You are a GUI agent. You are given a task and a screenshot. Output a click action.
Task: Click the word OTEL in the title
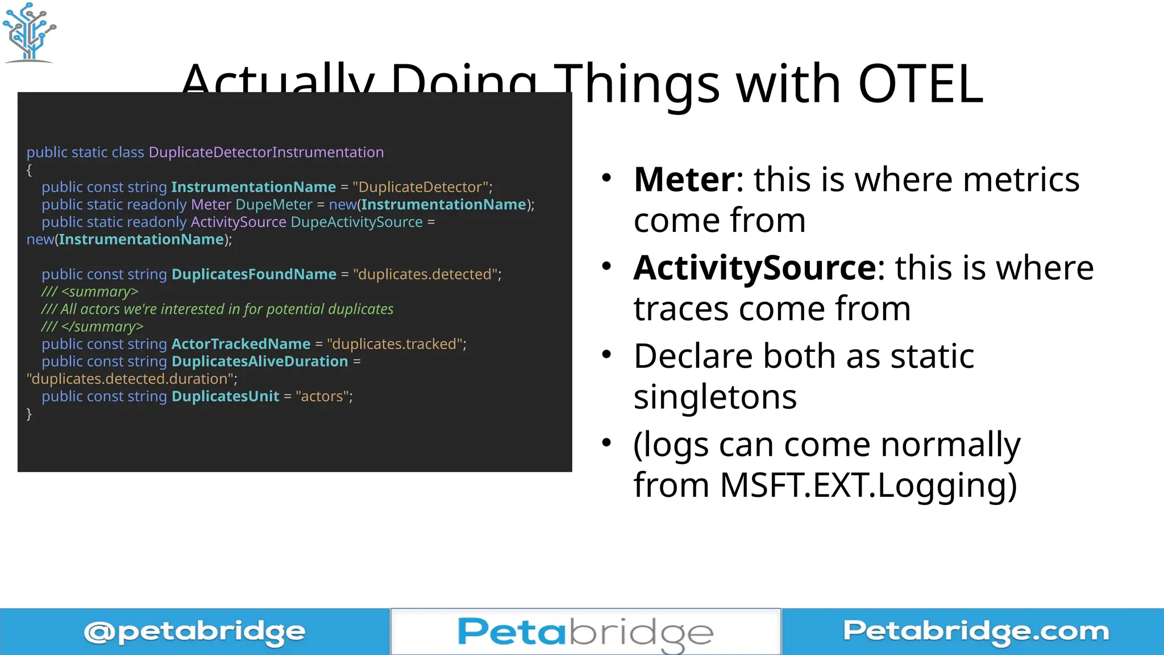click(920, 84)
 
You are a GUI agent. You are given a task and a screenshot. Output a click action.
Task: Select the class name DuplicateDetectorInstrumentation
click(266, 152)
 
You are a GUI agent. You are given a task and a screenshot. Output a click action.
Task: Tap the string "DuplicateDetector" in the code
click(421, 187)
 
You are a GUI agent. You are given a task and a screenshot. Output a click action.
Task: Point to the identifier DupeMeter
click(273, 205)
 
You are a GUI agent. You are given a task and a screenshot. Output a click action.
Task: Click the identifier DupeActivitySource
click(356, 222)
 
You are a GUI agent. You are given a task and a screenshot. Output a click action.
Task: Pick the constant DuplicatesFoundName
click(253, 275)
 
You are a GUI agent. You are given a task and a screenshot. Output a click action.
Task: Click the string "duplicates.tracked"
click(395, 345)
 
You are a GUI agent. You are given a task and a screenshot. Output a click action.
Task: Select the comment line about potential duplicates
click(217, 309)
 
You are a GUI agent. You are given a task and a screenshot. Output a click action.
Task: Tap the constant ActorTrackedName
click(240, 345)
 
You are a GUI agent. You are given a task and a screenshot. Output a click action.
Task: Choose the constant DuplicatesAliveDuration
click(259, 362)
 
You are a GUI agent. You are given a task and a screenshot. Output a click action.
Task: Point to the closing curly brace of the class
click(29, 414)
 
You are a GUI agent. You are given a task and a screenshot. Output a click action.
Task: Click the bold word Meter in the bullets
click(684, 180)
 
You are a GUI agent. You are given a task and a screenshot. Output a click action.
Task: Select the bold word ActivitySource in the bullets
click(755, 268)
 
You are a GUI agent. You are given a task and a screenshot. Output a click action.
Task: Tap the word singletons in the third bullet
click(715, 396)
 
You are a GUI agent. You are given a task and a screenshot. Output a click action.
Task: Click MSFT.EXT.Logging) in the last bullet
click(868, 485)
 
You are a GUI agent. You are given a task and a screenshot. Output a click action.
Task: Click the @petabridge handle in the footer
click(194, 632)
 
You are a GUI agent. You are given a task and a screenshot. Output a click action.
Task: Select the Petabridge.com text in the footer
click(975, 631)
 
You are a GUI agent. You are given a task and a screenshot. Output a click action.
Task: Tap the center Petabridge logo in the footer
click(585, 632)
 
